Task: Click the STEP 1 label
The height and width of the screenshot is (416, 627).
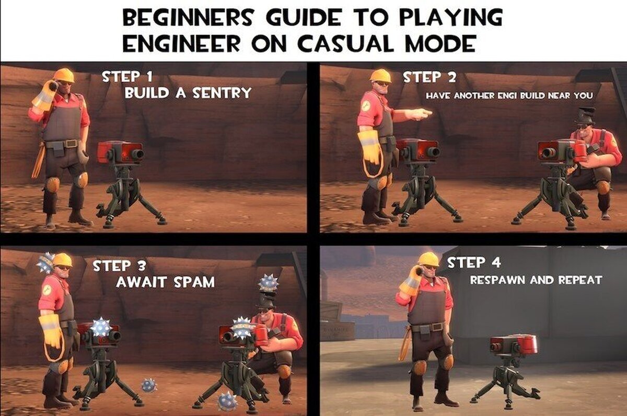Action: point(127,77)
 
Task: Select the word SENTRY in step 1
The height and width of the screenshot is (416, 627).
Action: point(222,93)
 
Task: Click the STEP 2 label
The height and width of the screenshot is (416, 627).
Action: point(429,77)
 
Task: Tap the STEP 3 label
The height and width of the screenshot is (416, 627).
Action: point(120,266)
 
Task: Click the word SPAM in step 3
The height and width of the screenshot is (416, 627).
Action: point(194,282)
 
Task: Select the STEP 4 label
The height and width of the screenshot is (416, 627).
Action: point(474,263)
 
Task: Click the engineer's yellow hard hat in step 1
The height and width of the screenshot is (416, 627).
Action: point(64,75)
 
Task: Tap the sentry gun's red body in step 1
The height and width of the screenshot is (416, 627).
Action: point(120,152)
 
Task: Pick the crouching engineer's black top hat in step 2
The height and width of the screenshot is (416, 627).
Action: point(585,116)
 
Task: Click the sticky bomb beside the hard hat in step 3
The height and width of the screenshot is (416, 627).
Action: point(45,263)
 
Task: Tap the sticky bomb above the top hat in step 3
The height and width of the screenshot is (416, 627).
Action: point(268,283)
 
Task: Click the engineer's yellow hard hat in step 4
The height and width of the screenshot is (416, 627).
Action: point(428,259)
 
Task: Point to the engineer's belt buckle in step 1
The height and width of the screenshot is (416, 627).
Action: point(72,144)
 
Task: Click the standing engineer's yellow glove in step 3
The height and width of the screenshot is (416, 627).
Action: point(51,332)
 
